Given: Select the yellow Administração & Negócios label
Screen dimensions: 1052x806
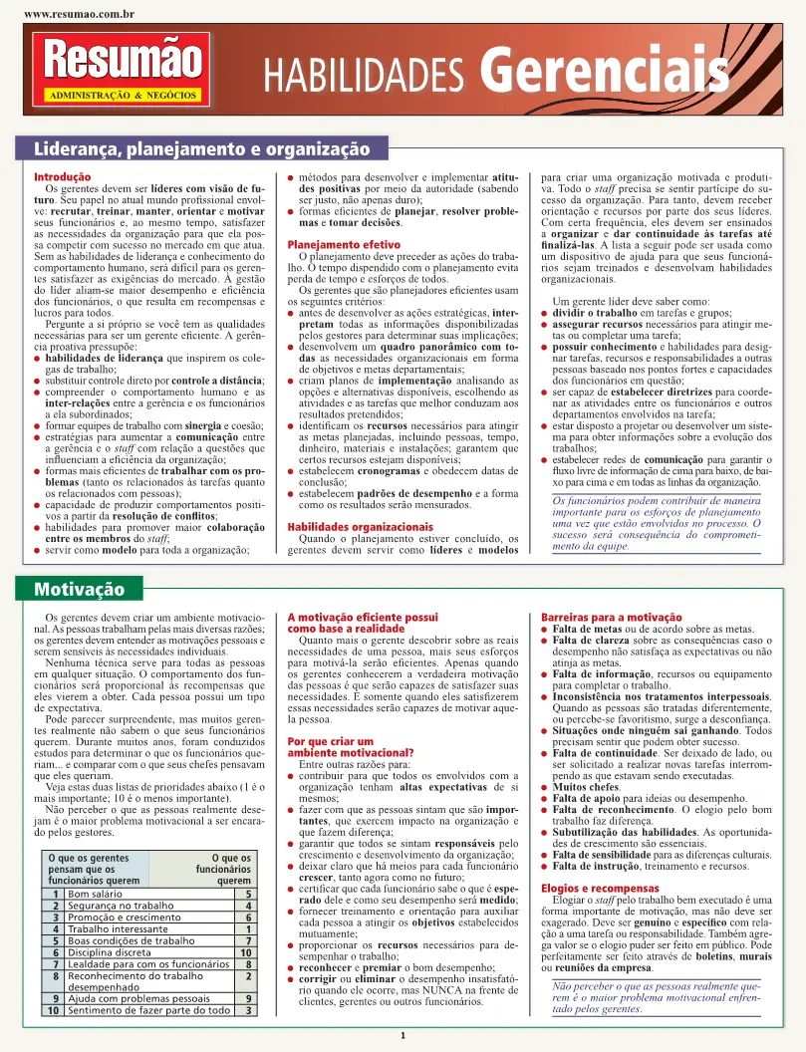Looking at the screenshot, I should click(122, 96).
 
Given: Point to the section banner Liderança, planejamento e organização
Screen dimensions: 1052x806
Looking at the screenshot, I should click(201, 149).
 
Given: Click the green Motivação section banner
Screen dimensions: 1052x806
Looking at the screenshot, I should click(80, 589).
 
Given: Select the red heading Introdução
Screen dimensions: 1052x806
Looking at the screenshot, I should click(63, 176).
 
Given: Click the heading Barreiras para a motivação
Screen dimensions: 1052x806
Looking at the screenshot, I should click(604, 618).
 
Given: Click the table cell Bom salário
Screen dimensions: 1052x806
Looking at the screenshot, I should click(97, 894).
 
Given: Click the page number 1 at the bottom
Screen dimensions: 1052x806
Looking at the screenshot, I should click(402, 1037).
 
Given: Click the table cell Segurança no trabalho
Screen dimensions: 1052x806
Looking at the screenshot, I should click(121, 906).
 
